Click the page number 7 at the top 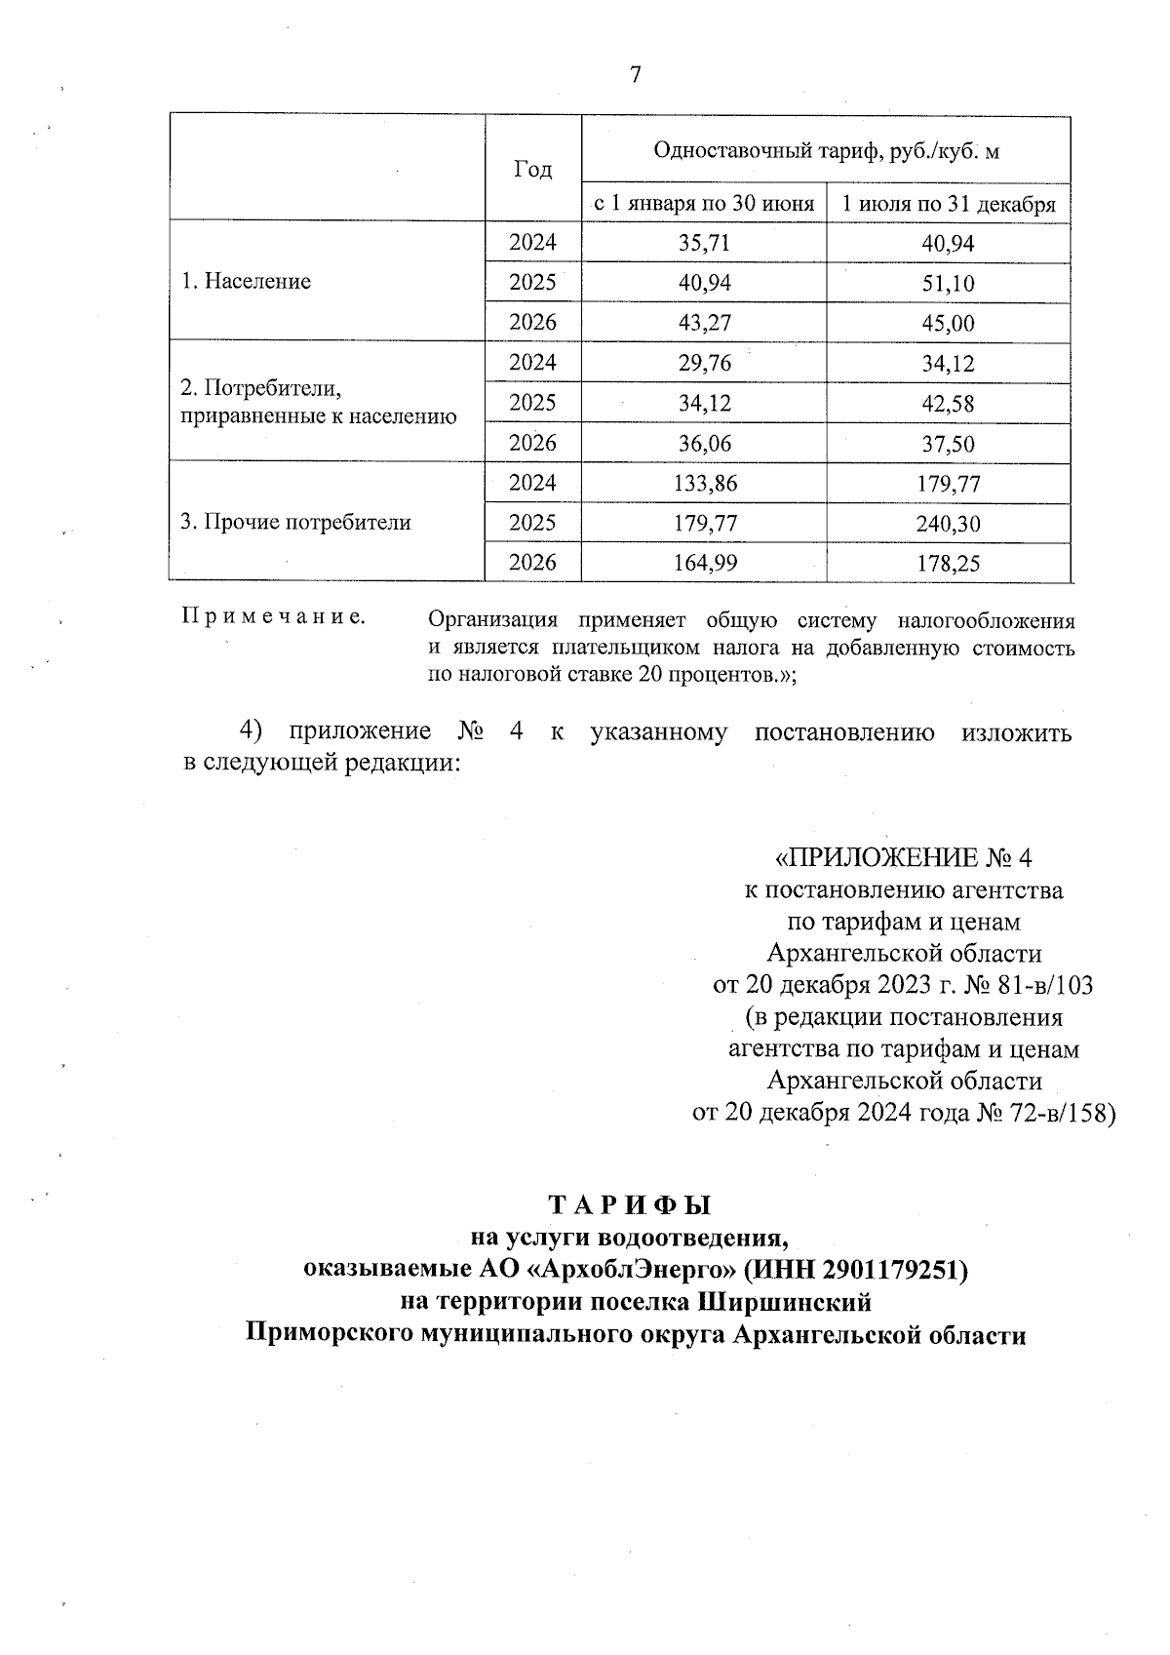pos(635,75)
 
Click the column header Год pos(532,170)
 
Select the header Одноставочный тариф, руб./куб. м pos(826,151)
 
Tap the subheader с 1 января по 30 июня pos(704,205)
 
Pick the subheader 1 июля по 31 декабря pos(949,205)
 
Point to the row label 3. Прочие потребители pos(296,523)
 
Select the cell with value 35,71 pos(704,244)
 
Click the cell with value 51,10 pos(949,284)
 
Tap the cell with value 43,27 pos(704,323)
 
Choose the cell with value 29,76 pos(704,363)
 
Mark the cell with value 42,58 pos(949,404)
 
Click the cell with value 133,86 pos(704,484)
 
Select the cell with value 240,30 pos(949,524)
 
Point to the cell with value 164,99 pos(704,563)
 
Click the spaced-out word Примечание pos(274,617)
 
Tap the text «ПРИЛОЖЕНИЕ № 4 pos(903,858)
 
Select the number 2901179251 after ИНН pos(890,1270)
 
